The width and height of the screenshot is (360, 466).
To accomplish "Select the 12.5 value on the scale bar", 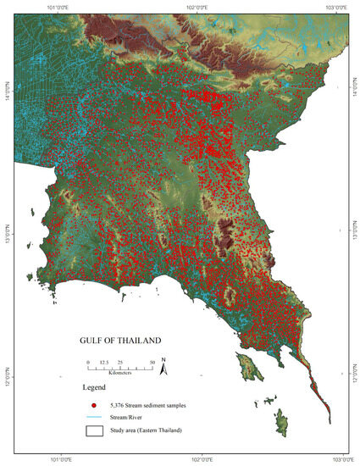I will [x=104, y=362].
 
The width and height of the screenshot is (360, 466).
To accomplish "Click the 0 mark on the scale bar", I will [x=88, y=362].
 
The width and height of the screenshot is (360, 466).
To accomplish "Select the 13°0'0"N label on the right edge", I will [x=354, y=230].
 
